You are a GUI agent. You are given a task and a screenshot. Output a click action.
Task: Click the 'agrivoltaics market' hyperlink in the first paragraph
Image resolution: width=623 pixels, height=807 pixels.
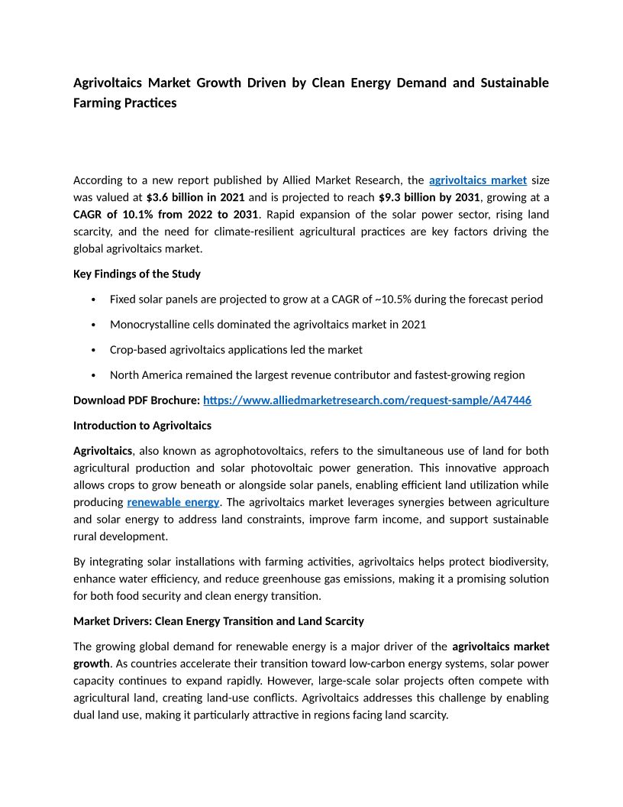point(478,180)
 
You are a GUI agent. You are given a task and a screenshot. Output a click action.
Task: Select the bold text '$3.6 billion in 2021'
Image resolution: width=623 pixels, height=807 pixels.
point(195,197)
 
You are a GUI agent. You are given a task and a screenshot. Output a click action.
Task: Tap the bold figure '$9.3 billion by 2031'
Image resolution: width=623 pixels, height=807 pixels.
point(430,197)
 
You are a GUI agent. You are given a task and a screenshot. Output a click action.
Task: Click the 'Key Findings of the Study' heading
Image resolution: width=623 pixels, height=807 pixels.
point(137,274)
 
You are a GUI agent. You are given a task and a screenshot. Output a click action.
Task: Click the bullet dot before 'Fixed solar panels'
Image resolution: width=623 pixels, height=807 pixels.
point(92,300)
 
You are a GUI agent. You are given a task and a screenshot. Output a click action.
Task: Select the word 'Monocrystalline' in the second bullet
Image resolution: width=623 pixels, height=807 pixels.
point(148,324)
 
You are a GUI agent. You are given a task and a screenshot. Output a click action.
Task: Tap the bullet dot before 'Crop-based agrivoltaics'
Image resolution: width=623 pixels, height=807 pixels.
point(92,350)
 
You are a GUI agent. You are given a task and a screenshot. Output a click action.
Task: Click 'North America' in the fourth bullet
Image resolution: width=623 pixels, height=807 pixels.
point(144,374)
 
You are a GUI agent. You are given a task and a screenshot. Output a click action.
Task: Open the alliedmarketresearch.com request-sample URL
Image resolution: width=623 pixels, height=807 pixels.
point(367,400)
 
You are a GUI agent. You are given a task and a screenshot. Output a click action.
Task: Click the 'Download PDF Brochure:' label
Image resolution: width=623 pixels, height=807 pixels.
point(137,400)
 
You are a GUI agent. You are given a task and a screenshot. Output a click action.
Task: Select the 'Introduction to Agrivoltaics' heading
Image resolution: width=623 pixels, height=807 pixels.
point(142,425)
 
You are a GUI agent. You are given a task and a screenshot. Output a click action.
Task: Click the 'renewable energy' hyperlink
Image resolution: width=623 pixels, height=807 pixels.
point(173,502)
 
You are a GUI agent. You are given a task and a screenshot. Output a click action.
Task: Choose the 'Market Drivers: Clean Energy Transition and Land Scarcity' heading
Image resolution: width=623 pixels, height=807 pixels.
point(218,621)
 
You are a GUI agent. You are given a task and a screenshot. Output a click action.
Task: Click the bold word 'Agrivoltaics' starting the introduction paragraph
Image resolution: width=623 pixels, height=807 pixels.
point(102,451)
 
